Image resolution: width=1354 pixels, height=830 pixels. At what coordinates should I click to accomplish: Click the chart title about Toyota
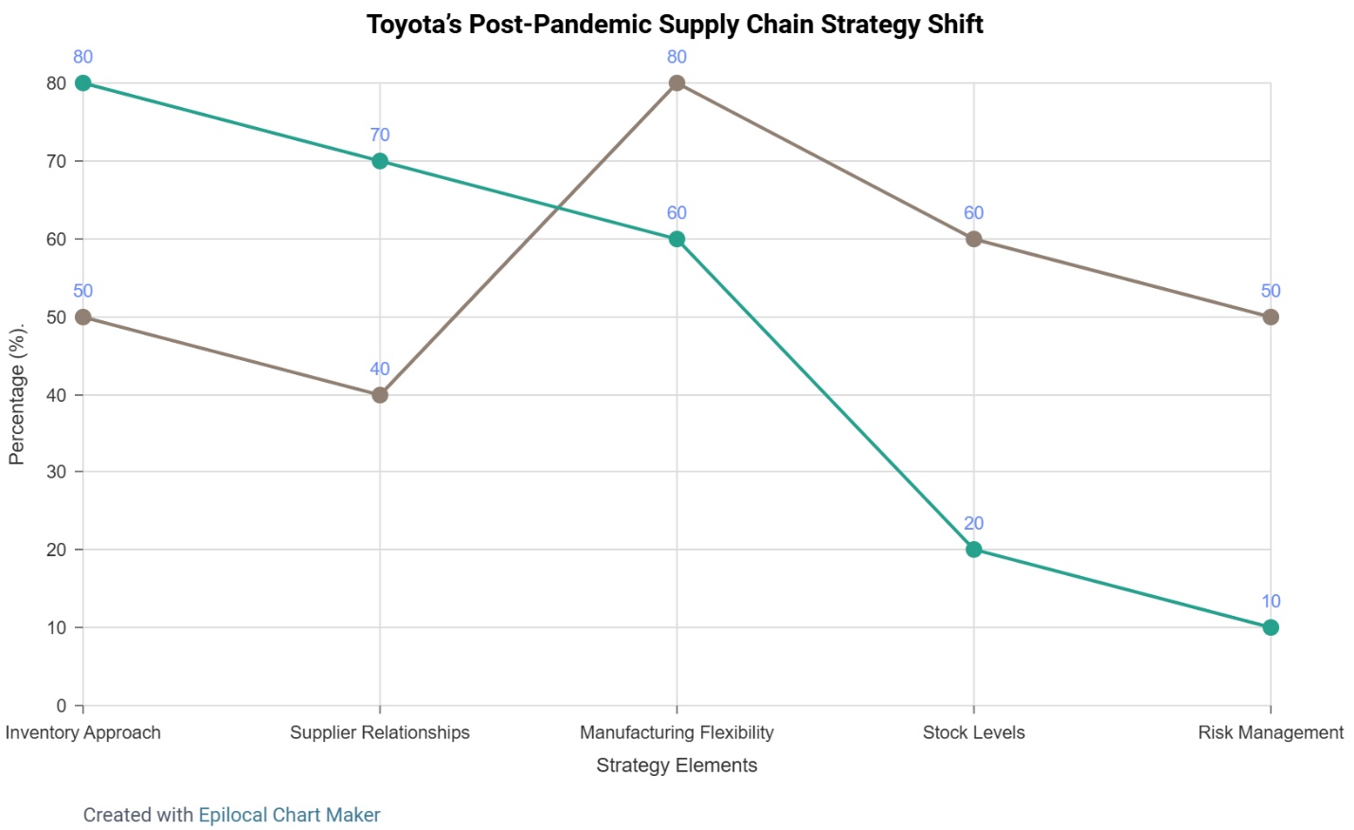click(675, 25)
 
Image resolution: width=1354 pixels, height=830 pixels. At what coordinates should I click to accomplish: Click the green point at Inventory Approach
click(83, 83)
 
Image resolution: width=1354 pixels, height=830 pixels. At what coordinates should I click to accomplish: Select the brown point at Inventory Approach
click(83, 316)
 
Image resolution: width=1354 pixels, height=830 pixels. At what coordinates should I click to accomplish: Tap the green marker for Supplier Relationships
click(380, 161)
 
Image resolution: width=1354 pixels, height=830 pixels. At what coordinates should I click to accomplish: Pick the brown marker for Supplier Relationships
click(380, 395)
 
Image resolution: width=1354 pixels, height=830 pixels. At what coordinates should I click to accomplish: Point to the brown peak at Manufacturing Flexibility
click(677, 83)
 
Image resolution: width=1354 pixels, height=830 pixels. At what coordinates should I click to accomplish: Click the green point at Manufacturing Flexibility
click(677, 239)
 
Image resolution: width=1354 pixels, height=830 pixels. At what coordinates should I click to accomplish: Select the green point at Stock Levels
click(974, 550)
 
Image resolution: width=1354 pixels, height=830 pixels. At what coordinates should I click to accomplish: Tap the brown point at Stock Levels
click(974, 239)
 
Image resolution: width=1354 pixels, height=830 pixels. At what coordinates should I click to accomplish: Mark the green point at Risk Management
click(1271, 627)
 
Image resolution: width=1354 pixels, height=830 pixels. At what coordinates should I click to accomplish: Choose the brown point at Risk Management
click(1271, 316)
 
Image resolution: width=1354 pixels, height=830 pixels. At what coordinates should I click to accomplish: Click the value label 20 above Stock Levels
click(974, 523)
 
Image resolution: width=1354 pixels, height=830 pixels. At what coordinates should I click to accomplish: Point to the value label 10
click(1271, 602)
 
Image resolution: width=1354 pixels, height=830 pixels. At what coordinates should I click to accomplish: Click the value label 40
click(380, 370)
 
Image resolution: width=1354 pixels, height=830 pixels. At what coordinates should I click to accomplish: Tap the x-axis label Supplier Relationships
click(380, 732)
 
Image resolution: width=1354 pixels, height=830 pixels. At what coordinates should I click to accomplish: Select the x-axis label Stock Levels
click(974, 732)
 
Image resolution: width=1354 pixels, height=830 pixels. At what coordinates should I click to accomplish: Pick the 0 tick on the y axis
click(62, 706)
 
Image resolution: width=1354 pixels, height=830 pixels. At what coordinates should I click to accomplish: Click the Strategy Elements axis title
click(677, 766)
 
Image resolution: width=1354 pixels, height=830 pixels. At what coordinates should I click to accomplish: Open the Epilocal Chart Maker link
click(289, 815)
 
